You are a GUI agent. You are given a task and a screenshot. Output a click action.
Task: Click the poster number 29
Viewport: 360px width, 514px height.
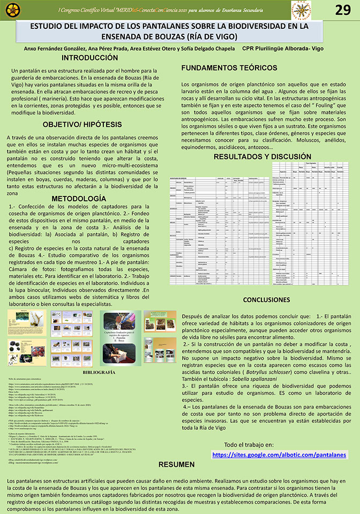(x=343, y=10)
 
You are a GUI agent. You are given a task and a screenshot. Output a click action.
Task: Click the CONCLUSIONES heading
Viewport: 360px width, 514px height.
(x=266, y=300)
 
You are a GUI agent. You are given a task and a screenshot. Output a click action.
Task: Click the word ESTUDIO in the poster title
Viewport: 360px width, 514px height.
(x=49, y=26)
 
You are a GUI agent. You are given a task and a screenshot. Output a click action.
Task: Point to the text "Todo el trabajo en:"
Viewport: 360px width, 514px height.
(x=248, y=444)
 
